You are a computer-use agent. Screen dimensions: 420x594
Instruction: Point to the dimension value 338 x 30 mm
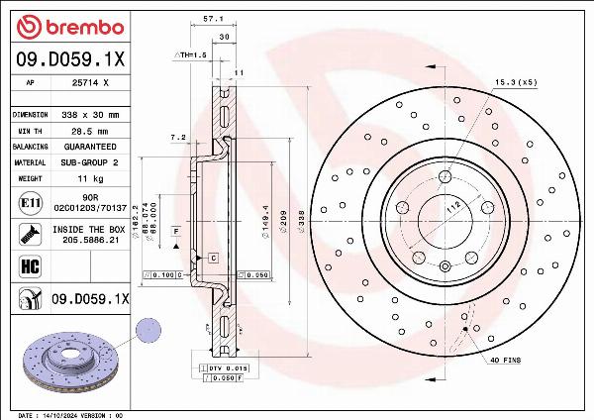point(92,115)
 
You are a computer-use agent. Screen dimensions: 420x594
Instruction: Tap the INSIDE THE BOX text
point(92,229)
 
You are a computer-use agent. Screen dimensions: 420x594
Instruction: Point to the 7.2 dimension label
point(178,137)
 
